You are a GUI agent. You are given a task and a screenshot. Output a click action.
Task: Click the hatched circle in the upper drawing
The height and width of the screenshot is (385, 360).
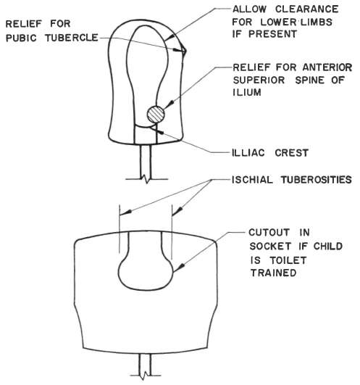click(x=156, y=115)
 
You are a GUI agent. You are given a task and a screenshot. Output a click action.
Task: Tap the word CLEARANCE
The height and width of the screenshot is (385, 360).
click(x=307, y=9)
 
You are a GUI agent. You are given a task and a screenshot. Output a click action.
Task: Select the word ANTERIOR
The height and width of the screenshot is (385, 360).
click(x=327, y=67)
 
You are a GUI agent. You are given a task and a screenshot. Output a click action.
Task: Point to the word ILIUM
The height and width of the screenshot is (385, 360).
click(x=247, y=93)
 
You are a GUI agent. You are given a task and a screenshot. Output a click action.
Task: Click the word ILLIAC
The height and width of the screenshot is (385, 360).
click(x=248, y=153)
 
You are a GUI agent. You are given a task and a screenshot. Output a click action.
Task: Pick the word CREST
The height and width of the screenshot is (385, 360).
click(x=292, y=153)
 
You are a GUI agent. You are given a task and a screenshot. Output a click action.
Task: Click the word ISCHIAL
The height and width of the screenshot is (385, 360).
click(x=252, y=180)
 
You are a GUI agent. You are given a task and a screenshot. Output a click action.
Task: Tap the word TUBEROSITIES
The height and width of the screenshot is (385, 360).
click(x=317, y=180)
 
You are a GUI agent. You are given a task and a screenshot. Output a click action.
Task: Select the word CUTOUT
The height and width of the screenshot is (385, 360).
click(x=269, y=232)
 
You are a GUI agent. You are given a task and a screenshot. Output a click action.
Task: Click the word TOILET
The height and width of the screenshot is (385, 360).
click(x=288, y=260)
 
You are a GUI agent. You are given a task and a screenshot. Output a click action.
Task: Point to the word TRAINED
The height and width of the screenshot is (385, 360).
click(x=273, y=273)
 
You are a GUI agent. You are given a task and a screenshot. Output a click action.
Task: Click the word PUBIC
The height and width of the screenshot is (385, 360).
click(x=21, y=38)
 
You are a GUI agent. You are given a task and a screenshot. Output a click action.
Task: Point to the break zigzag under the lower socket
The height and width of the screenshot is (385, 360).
click(x=145, y=376)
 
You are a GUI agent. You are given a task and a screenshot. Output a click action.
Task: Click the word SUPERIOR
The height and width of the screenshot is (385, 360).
click(x=259, y=80)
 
